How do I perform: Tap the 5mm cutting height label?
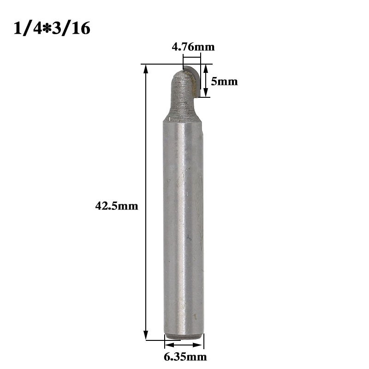pos(224,82)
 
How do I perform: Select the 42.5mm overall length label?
pos(117,206)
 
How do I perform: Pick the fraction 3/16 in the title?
pos(70,29)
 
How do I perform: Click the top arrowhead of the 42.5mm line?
pos(146,69)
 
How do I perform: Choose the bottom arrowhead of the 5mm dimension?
pos(206,94)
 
